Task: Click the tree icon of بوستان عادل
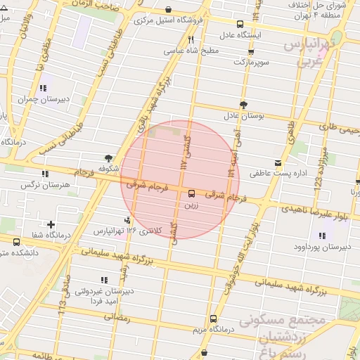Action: (243, 105)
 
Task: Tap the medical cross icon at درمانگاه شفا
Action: (51, 225)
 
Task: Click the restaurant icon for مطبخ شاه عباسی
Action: (191, 40)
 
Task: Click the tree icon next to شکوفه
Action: (108, 158)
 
